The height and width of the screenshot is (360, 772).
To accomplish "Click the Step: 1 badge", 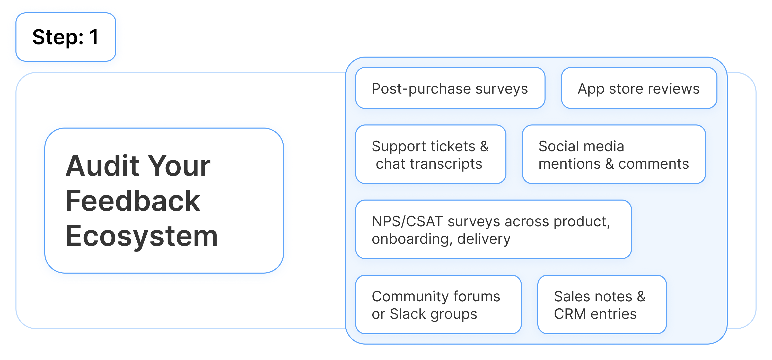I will pos(66,37).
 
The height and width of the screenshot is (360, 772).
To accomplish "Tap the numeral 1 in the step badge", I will pos(94,37).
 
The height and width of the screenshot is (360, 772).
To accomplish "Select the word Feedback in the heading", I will pos(133,201).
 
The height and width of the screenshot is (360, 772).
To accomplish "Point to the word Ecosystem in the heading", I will pos(142,236).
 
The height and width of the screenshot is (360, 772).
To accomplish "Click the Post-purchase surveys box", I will pos(450,88).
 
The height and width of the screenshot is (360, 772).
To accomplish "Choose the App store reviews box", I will pos(639,88).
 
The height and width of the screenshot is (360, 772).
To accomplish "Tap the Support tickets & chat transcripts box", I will pos(430,155).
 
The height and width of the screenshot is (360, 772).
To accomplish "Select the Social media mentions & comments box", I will pos(613,155).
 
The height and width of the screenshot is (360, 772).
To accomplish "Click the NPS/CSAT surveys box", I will pos(493,230).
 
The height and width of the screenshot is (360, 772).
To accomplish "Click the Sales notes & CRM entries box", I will pos(602,305).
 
